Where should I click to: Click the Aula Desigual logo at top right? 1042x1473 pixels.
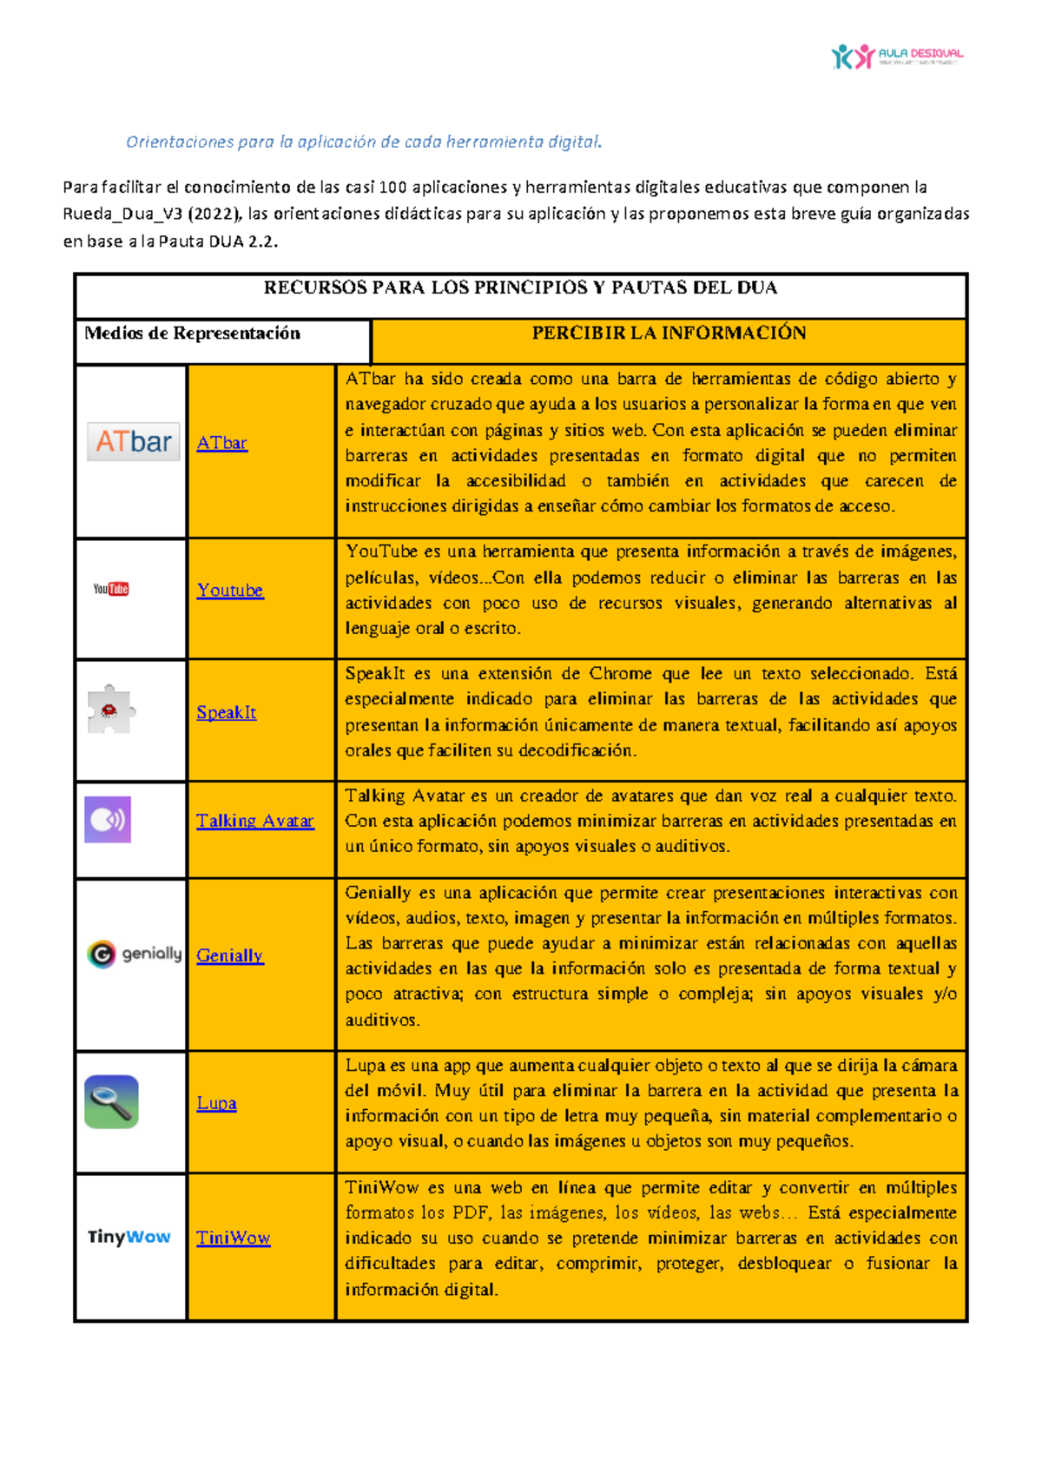[896, 56]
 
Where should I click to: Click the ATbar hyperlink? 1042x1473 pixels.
[221, 443]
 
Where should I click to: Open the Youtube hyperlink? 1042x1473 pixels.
[229, 591]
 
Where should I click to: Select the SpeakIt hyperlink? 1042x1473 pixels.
[226, 713]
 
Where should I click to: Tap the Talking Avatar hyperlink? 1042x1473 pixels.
[254, 822]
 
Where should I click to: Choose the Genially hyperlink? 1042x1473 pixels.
[229, 956]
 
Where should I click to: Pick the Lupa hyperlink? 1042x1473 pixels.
[216, 1104]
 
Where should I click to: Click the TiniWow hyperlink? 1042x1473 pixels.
[233, 1239]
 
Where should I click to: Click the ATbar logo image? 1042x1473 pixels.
[133, 441]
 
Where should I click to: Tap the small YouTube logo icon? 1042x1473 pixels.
[111, 589]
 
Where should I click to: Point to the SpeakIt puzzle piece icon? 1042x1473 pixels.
[110, 710]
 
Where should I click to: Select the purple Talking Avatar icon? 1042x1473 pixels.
[108, 819]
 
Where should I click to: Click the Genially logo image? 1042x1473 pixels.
[135, 954]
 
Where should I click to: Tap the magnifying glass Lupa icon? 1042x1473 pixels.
[111, 1101]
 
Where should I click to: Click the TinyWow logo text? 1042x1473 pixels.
[129, 1237]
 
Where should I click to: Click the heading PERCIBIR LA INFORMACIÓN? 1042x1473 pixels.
[669, 334]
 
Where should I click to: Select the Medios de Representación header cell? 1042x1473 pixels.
[193, 334]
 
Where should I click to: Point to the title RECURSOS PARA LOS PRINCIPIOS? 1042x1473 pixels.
[520, 288]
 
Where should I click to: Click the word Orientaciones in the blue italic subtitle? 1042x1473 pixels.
[180, 142]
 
